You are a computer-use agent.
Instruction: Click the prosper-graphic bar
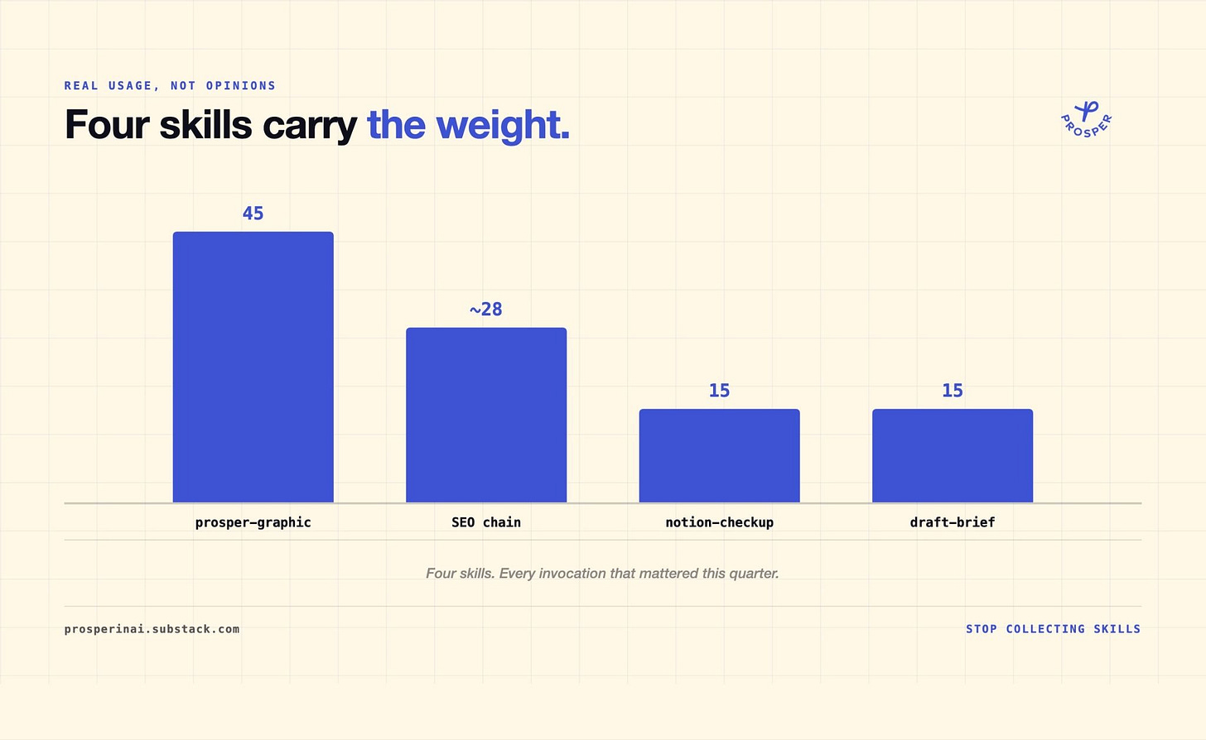coord(253,367)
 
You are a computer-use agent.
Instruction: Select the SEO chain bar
coord(486,415)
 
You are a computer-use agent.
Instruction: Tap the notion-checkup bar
coord(719,456)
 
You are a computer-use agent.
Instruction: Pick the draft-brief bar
coord(953,456)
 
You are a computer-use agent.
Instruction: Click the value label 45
coord(253,214)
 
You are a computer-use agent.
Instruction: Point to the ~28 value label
coord(485,310)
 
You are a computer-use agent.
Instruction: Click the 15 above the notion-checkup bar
coord(719,391)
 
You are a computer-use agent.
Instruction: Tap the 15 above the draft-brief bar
coord(953,391)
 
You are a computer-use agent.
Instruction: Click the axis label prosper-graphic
coord(253,522)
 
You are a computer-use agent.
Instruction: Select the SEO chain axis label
coord(486,522)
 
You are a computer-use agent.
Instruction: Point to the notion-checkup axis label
coord(719,522)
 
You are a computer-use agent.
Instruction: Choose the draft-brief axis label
coord(953,522)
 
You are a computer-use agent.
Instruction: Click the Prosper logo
coord(1087,119)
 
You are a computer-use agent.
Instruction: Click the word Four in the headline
coord(107,125)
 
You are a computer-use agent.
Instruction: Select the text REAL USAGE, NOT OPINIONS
coord(170,85)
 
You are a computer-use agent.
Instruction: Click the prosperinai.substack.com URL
coord(152,629)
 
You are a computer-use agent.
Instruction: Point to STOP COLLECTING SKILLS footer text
coord(1053,629)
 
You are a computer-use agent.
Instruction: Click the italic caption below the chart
coord(602,574)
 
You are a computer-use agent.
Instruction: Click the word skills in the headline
coord(205,125)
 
